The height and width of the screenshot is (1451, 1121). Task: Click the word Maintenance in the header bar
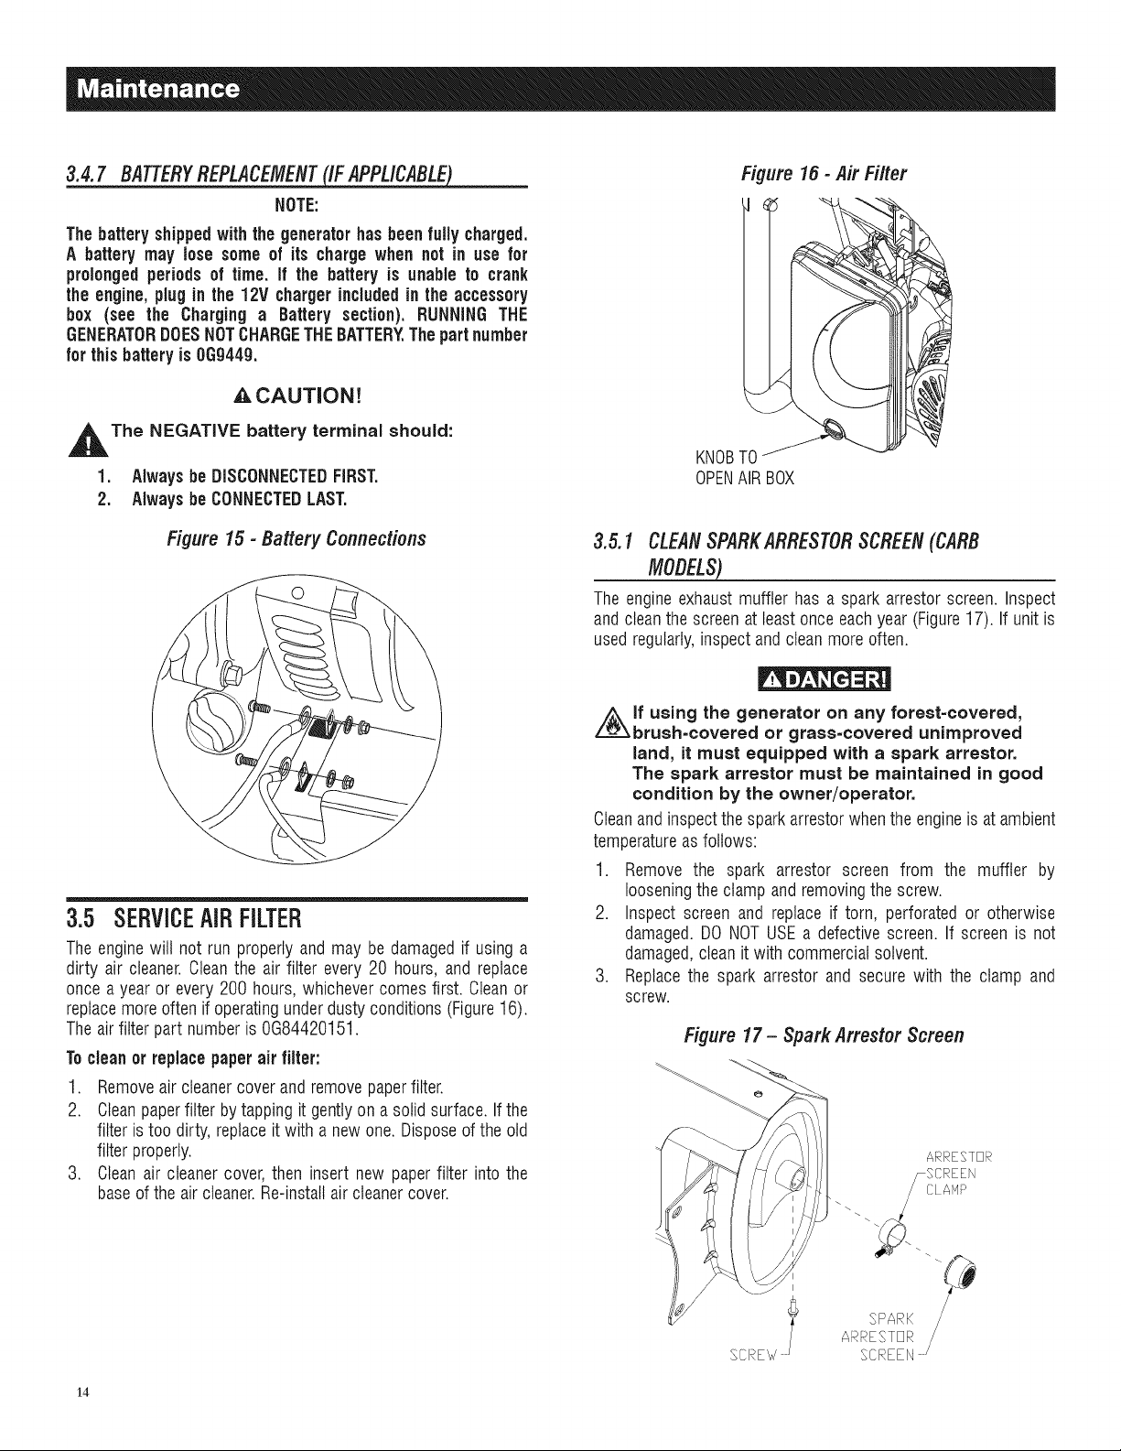point(158,89)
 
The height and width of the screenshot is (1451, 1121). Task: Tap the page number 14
point(82,1391)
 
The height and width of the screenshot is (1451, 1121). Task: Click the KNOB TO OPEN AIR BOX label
point(745,468)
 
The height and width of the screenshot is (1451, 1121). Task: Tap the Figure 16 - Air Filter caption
point(824,174)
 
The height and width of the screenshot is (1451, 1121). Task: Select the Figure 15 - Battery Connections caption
point(296,539)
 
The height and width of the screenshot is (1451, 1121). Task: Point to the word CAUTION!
point(297,396)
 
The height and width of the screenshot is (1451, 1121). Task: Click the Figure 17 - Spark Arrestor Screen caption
point(824,1035)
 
